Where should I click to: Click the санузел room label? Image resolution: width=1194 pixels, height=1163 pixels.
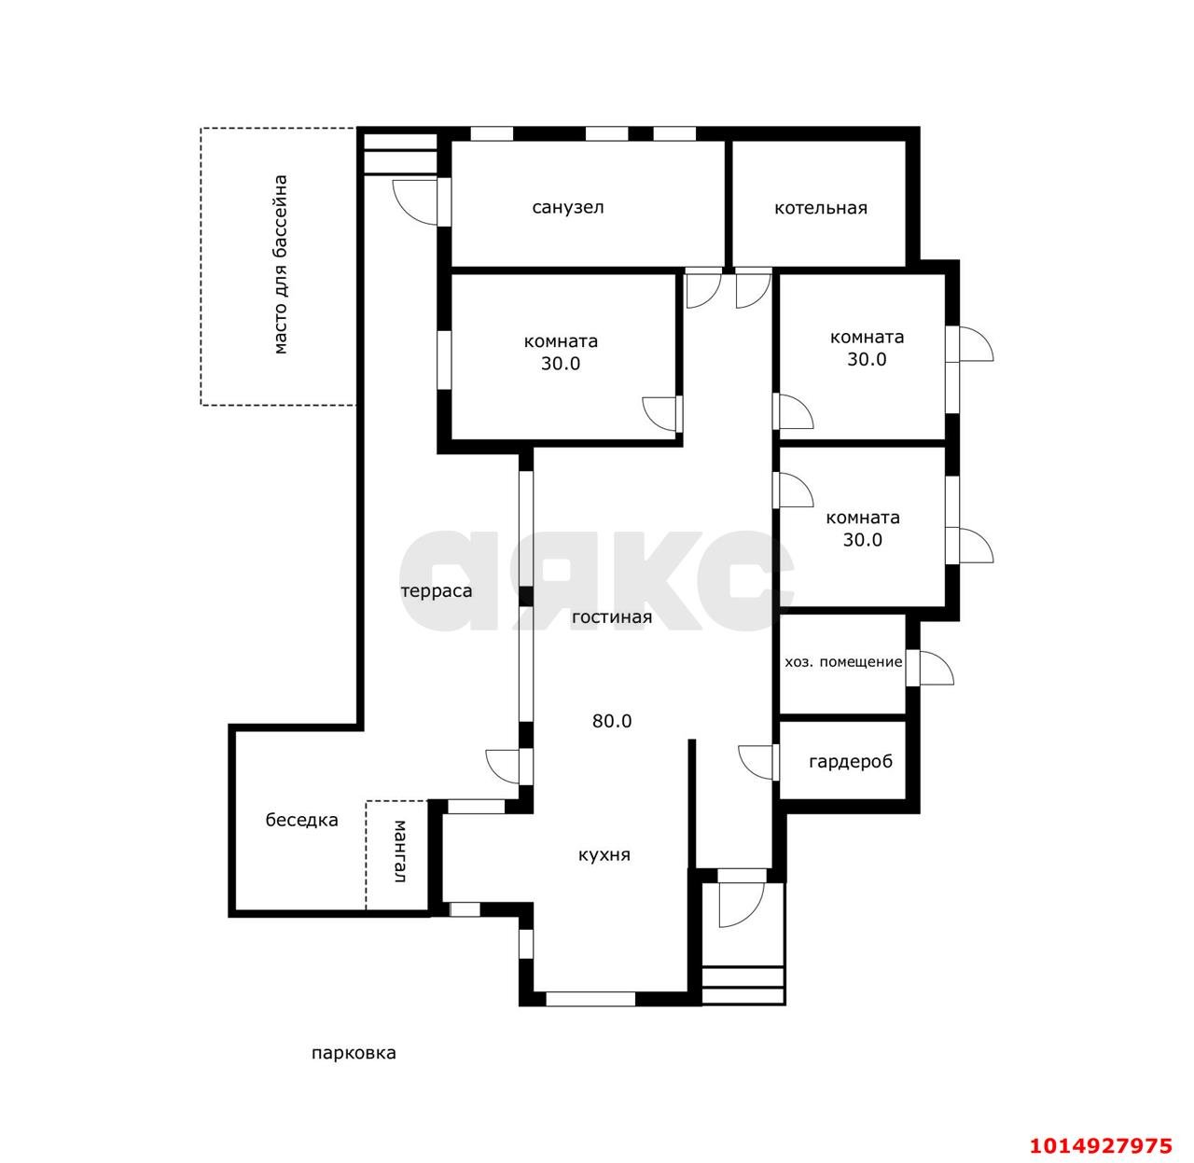click(567, 207)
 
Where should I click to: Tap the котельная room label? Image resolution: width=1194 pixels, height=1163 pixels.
click(820, 208)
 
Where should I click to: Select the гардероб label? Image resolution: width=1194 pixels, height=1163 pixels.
click(851, 762)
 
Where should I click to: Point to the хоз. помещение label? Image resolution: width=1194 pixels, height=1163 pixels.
click(843, 662)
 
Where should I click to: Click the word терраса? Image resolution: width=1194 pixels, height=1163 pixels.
click(437, 590)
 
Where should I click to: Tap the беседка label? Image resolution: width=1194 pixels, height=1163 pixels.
click(301, 820)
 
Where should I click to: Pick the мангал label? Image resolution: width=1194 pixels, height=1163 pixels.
click(400, 851)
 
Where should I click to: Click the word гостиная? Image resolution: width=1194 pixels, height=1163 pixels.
click(611, 617)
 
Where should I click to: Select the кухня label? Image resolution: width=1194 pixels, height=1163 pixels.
click(604, 854)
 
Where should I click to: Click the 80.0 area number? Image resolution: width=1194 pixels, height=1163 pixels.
click(612, 721)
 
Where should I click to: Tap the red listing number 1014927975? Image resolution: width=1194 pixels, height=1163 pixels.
click(1101, 1145)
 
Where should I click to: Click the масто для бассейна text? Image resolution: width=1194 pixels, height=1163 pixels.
click(280, 264)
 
